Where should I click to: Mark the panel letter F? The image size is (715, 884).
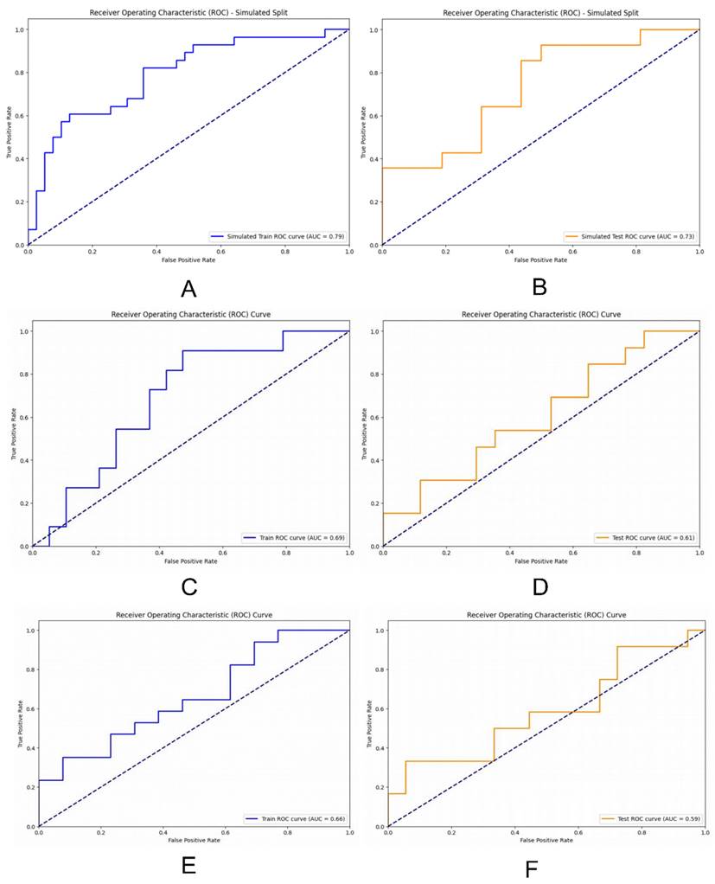pyautogui.click(x=532, y=867)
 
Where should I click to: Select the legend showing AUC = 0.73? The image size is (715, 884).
pyautogui.click(x=629, y=235)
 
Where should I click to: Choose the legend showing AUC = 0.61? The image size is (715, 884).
pyautogui.click(x=645, y=537)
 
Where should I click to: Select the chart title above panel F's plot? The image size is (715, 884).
pyautogui.click(x=546, y=614)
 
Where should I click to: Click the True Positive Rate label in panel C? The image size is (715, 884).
pyautogui.click(x=14, y=439)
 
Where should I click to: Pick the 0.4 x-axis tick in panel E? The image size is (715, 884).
pyautogui.click(x=163, y=835)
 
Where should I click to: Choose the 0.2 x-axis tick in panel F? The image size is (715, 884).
pyautogui.click(x=451, y=835)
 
